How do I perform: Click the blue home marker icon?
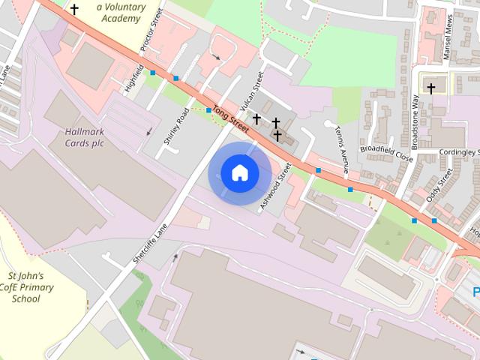pos(239,172)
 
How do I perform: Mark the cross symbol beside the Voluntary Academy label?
pos(74,9)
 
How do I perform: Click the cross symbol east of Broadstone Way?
pos(430,88)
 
